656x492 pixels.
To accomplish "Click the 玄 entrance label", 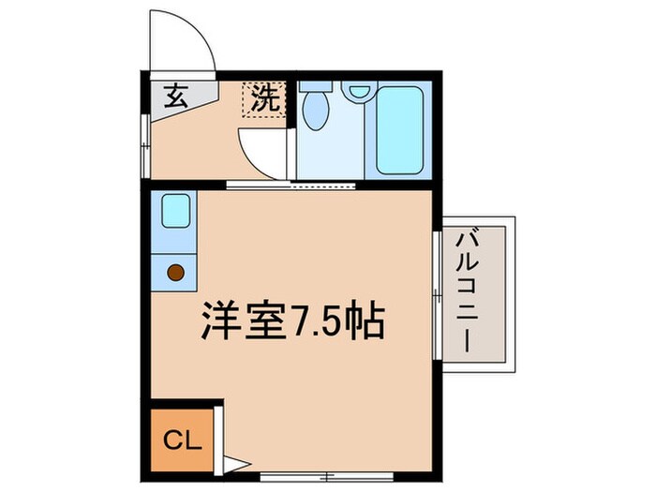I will point(174,95).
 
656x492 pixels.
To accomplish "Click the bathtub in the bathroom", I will point(398,130).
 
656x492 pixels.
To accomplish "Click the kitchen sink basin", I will point(174,211).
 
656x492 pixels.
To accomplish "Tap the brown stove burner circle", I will point(175,273).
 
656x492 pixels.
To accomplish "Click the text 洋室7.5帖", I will point(291,321).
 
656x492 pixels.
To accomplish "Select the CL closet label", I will point(183,439).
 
